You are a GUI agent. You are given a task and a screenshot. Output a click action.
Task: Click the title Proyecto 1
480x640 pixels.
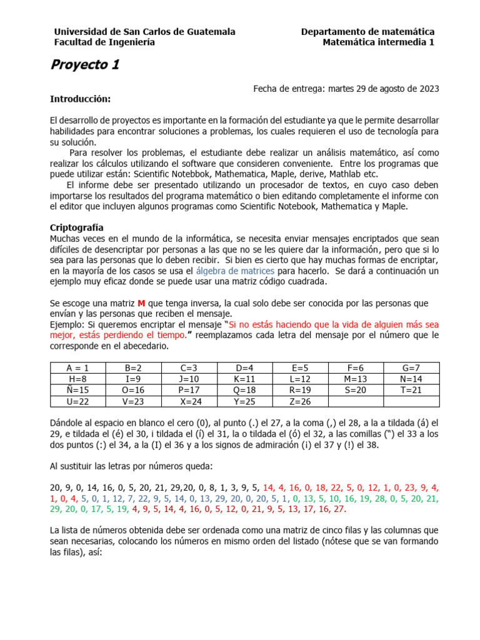[84, 65]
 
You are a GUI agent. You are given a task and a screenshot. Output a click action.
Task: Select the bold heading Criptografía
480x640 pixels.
[76, 227]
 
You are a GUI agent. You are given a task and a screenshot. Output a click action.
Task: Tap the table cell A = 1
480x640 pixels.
[77, 367]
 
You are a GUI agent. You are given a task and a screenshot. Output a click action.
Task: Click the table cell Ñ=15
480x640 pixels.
[77, 390]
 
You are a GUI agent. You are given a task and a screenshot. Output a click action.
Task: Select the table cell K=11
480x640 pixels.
[245, 379]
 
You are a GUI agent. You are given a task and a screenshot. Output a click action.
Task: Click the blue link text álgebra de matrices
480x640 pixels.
[235, 271]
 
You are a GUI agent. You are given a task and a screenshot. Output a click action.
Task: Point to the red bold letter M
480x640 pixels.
[141, 303]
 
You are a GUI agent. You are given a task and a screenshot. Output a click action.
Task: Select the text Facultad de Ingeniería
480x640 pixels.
[104, 42]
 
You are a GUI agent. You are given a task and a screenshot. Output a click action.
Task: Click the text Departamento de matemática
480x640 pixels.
[367, 31]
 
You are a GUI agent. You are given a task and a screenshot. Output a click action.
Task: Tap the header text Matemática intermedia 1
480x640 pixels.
[378, 42]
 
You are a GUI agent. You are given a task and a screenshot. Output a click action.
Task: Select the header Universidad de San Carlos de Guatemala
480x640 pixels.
[144, 31]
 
